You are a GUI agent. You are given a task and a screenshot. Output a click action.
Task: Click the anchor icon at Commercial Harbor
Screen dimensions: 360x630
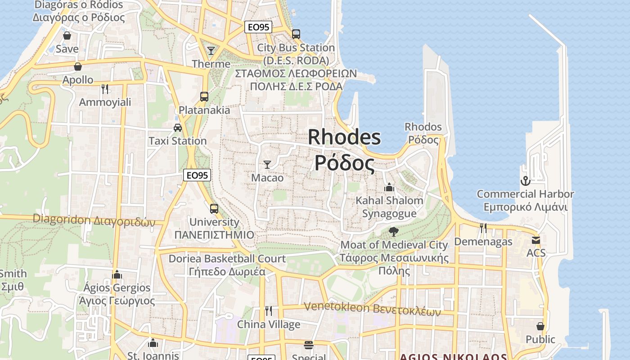pyautogui.click(x=525, y=181)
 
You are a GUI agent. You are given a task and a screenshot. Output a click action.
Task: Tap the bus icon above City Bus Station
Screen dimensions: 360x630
pyautogui.click(x=296, y=34)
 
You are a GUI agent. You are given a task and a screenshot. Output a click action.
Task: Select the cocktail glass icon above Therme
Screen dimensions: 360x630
pyautogui.click(x=211, y=50)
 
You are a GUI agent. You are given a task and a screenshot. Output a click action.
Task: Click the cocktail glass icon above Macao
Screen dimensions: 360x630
pyautogui.click(x=267, y=165)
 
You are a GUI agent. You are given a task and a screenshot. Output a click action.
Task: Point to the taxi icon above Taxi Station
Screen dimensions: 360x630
pyautogui.click(x=178, y=128)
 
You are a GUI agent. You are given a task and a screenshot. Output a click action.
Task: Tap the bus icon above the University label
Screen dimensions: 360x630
pyautogui.click(x=214, y=209)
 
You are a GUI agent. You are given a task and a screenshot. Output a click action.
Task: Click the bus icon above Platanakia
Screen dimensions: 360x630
pyautogui.click(x=204, y=96)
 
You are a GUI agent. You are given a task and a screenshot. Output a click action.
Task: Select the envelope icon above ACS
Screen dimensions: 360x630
pyautogui.click(x=535, y=240)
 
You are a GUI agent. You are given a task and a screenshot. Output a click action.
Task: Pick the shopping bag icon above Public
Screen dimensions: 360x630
pyautogui.click(x=540, y=326)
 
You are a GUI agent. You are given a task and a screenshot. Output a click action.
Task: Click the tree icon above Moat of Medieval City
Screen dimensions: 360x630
pyautogui.click(x=394, y=232)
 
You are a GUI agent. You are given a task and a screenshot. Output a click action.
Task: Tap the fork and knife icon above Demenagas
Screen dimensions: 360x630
pyautogui.click(x=483, y=228)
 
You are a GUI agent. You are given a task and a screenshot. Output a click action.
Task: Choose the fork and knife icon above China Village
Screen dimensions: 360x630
pyautogui.click(x=268, y=311)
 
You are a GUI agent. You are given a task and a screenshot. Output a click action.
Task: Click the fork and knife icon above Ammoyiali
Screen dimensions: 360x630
pyautogui.click(x=105, y=89)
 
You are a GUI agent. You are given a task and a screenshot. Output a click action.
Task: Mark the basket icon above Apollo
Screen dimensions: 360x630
pyautogui.click(x=78, y=67)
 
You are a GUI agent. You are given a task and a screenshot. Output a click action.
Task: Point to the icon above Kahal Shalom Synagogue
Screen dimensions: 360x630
pyautogui.click(x=389, y=187)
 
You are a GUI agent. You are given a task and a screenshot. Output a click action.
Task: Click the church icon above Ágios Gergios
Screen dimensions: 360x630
pyautogui.click(x=117, y=274)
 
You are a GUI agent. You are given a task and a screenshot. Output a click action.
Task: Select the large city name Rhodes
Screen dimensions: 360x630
pyautogui.click(x=344, y=137)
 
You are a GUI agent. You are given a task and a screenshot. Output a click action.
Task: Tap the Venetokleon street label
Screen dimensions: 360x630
pyautogui.click(x=372, y=309)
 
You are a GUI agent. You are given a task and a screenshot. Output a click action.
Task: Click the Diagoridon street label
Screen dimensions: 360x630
pyautogui.click(x=94, y=220)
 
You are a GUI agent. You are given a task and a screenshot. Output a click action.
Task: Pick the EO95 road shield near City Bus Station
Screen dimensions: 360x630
pyautogui.click(x=258, y=27)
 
